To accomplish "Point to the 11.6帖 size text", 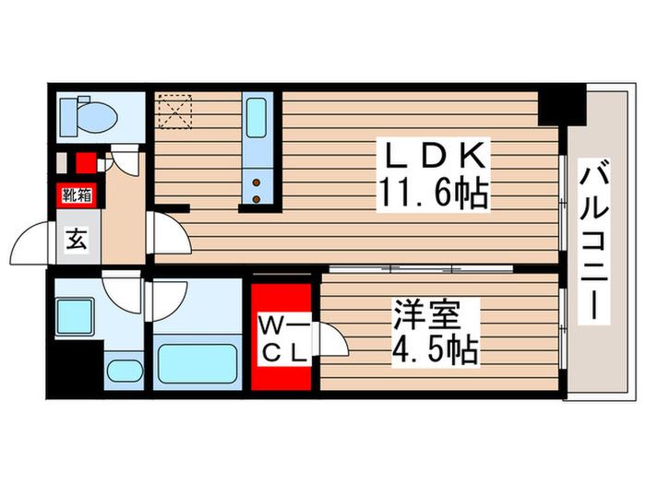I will click(432, 195).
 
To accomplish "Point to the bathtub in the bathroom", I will click(196, 362).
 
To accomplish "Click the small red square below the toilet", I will click(85, 164).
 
